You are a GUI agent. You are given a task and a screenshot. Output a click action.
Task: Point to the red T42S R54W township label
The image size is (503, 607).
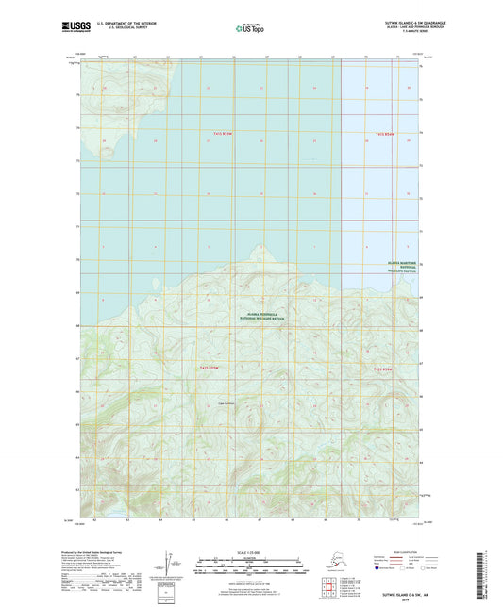[382, 367]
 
